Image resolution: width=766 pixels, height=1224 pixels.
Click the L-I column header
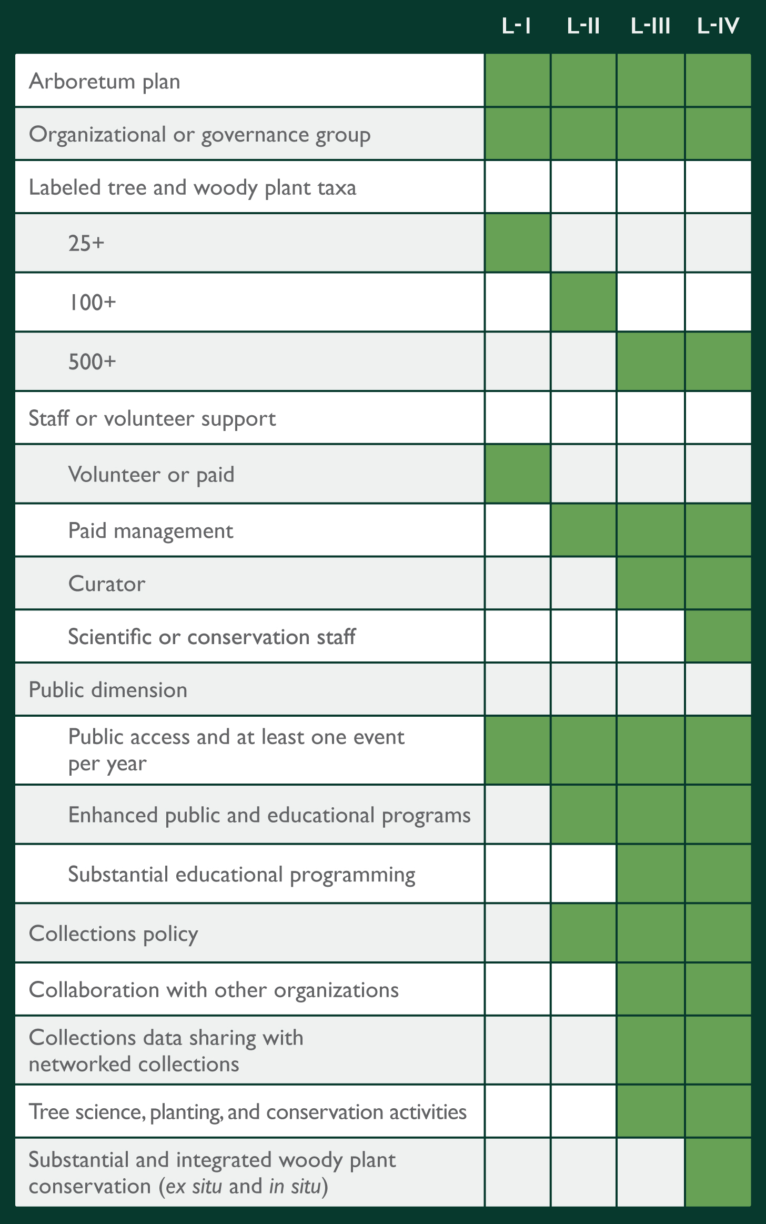517,26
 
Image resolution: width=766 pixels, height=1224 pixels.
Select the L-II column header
583,26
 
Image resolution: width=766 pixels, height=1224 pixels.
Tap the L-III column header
651,26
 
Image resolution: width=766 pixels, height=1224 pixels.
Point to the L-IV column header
718,26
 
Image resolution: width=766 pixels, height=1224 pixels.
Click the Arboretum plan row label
105,82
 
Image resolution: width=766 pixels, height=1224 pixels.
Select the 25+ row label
86,243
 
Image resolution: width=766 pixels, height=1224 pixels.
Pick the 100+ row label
92,303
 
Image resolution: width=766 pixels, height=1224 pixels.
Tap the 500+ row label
92,362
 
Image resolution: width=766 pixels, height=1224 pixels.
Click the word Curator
107,584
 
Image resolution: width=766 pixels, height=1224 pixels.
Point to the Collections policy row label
114,934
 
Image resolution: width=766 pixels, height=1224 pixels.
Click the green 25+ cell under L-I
518,243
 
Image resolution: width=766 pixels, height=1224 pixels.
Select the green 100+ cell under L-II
583,302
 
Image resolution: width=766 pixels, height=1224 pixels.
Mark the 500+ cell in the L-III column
651,362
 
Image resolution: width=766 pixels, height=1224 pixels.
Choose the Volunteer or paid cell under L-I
518,474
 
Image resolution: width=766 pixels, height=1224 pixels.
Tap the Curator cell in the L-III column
651,584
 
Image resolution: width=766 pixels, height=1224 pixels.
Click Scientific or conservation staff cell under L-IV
718,636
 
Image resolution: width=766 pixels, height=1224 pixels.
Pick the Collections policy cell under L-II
583,934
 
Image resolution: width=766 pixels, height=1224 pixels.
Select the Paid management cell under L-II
583,530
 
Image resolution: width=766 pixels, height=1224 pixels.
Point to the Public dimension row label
108,690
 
